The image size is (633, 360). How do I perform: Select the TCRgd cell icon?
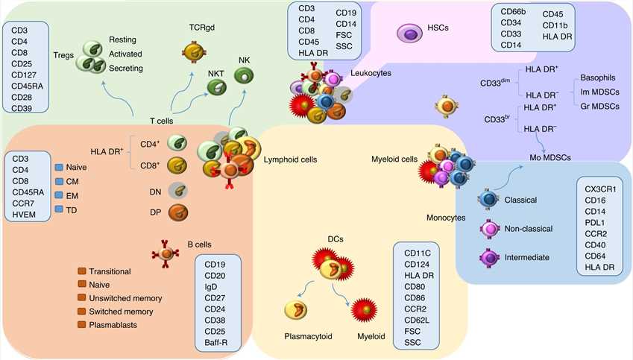195,51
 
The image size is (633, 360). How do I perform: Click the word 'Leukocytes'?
371,73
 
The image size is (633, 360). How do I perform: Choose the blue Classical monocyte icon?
489,200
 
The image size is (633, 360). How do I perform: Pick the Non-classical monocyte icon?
489,230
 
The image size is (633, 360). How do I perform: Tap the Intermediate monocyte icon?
489,257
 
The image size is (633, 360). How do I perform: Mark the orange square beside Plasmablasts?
81,325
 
